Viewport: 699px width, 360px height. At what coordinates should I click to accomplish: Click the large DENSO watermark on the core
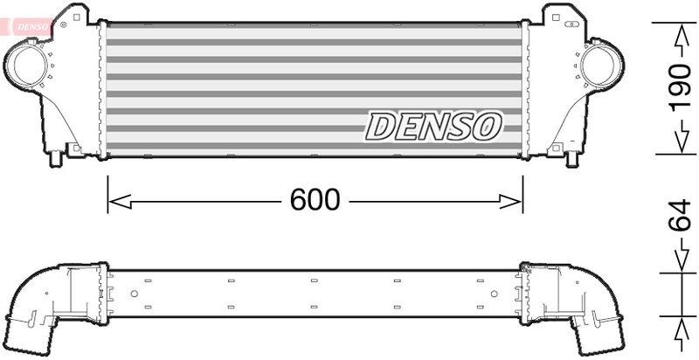coord(433,126)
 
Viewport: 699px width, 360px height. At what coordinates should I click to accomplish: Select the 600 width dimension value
coord(315,200)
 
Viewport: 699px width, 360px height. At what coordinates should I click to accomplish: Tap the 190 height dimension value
coord(681,88)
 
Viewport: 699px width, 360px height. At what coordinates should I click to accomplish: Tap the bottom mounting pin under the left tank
coord(58,160)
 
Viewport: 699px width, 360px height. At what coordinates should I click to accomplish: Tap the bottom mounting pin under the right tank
coord(572,160)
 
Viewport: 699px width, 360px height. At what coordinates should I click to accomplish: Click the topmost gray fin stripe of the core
coord(315,26)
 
